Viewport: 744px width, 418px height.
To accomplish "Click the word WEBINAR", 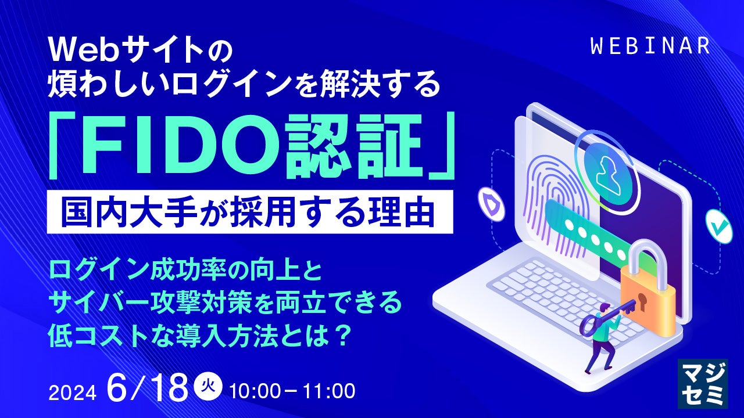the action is [650, 46].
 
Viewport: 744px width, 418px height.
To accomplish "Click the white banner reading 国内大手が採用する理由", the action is [250, 212].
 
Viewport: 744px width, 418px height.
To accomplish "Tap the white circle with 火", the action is [208, 386].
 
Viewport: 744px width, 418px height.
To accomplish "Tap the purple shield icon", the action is [491, 206].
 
